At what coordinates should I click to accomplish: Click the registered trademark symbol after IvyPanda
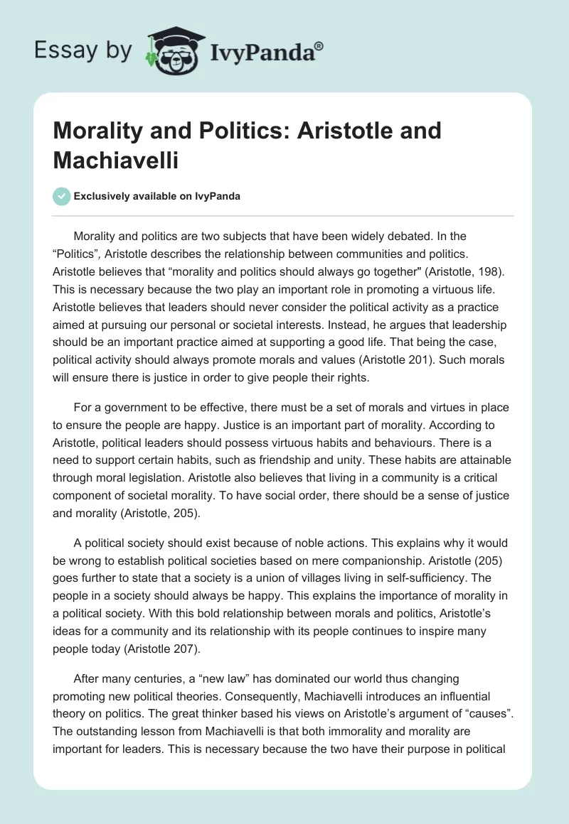point(319,45)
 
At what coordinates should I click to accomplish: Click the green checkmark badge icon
point(62,196)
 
